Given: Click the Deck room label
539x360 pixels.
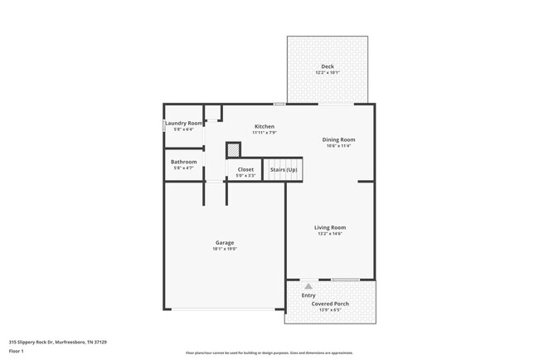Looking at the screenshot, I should (x=328, y=66).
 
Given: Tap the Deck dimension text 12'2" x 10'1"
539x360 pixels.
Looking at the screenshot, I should (x=328, y=73).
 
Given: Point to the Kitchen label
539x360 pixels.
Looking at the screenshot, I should (x=265, y=126).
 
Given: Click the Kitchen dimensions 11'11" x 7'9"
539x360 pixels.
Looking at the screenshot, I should (x=265, y=133).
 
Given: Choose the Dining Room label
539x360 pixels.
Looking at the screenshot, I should (x=338, y=139).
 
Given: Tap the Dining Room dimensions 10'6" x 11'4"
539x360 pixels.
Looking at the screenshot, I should (x=338, y=146).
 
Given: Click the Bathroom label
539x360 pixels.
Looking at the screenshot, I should (x=184, y=162).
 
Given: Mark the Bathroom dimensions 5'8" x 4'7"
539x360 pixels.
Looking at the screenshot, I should (x=184, y=168).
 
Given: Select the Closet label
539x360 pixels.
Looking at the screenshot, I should (x=245, y=169).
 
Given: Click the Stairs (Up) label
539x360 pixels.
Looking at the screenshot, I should (x=284, y=169).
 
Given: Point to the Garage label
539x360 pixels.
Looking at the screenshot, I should (x=224, y=242).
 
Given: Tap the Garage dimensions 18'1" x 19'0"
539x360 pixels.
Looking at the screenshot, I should (x=224, y=249).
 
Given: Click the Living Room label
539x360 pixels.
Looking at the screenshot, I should (x=329, y=227).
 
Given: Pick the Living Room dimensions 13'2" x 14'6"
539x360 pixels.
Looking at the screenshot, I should (x=329, y=234).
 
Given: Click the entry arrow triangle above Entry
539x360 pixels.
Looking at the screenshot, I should (x=308, y=286).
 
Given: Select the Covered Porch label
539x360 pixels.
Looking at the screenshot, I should (x=330, y=304).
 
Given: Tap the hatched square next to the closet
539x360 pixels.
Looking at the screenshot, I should (x=234, y=150).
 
